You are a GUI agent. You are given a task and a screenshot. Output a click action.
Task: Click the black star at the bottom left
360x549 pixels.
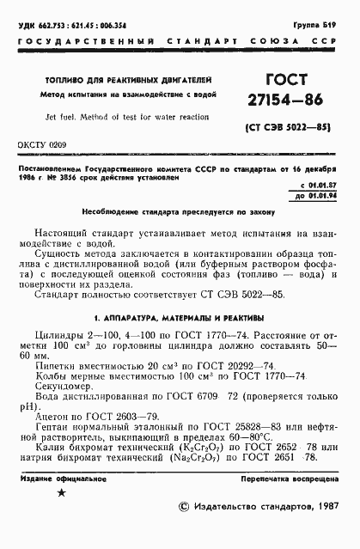(60, 492)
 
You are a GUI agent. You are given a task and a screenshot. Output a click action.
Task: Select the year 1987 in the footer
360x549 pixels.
(323, 530)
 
